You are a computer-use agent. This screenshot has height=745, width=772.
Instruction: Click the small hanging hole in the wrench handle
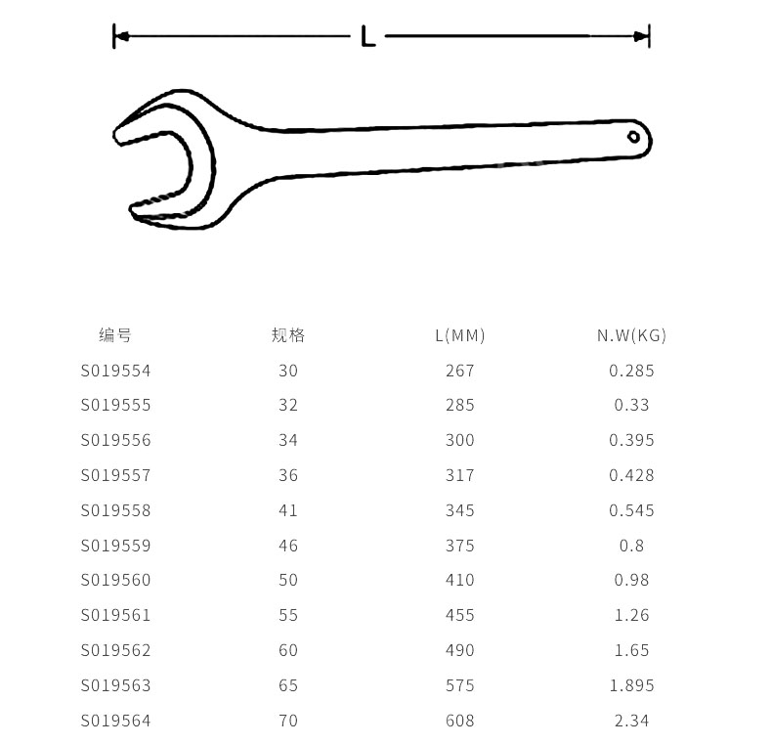click(633, 137)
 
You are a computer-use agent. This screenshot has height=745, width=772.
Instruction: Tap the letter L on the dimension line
click(367, 36)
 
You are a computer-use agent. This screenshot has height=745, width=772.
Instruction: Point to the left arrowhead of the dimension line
click(122, 36)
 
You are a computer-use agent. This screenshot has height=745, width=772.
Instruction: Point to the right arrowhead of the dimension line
click(640, 36)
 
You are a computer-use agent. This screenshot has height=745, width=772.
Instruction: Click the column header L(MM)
click(460, 335)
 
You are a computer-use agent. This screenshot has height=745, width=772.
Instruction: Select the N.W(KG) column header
click(631, 335)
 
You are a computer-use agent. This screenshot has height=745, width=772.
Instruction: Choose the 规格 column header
click(288, 335)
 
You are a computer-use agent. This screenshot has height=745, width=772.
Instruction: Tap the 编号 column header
click(115, 335)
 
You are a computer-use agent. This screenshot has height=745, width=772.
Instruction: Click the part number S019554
click(115, 371)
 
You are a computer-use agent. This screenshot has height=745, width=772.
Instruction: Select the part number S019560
click(115, 580)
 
